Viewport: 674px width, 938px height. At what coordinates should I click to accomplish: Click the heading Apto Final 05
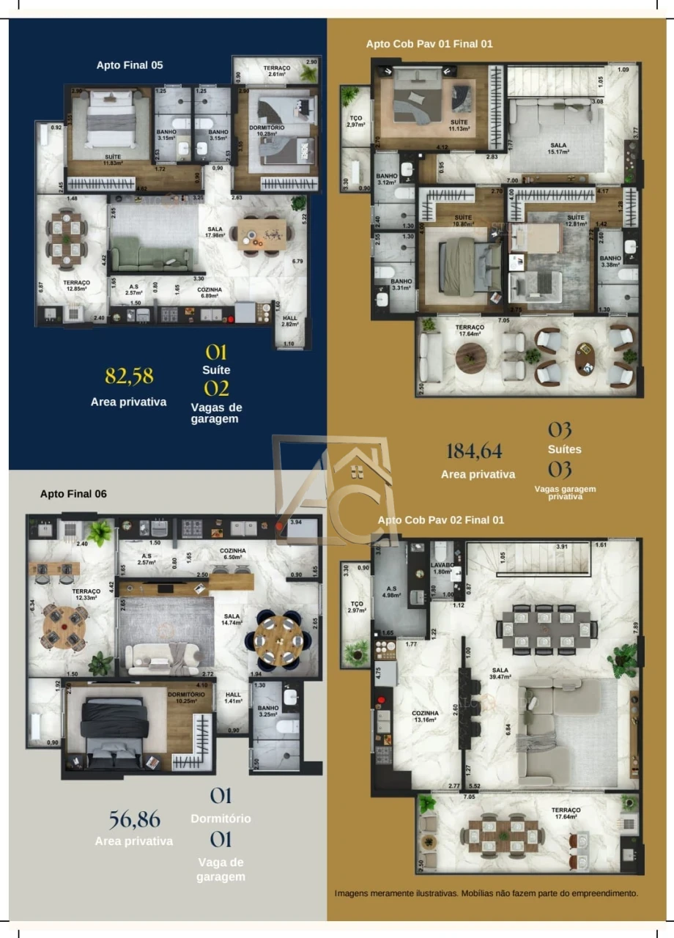click(130, 65)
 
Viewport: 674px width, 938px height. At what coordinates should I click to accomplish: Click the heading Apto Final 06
click(73, 494)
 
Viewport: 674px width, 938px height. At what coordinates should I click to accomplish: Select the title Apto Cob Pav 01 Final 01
click(429, 44)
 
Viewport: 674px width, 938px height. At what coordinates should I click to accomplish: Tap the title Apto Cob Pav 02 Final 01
click(441, 520)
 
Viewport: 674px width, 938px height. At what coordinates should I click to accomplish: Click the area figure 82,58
click(129, 377)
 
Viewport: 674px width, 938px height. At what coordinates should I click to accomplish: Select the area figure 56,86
click(134, 819)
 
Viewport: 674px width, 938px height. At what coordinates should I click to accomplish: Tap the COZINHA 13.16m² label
click(425, 716)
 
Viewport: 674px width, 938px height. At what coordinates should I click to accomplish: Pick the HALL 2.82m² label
click(290, 320)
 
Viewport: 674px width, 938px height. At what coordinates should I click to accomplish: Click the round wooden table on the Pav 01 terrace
click(471, 358)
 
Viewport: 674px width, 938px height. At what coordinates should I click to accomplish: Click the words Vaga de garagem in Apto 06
click(221, 869)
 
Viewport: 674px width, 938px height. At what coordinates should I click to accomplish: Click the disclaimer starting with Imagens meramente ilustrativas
click(486, 893)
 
